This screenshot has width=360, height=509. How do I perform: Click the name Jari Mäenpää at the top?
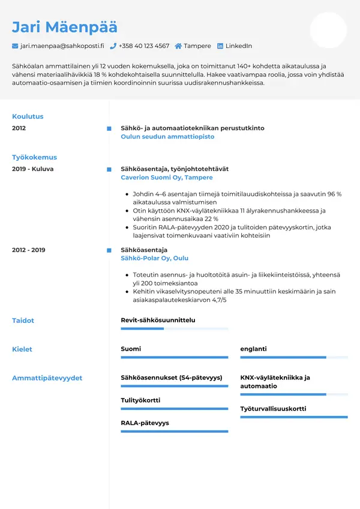tap(65, 27)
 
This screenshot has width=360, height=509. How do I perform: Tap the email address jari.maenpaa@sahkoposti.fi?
tap(62, 46)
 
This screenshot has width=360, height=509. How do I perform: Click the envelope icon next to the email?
tap(15, 46)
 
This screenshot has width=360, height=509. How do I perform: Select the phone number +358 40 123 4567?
tap(144, 46)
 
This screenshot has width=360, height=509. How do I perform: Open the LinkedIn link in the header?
tap(238, 46)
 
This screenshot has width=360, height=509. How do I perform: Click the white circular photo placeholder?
tap(328, 30)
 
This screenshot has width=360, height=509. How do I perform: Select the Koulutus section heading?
tap(28, 116)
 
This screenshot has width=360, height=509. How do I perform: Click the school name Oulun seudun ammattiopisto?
tap(167, 137)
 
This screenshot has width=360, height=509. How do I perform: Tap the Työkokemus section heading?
tap(34, 157)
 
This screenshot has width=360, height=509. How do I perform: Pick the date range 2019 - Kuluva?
tap(32, 169)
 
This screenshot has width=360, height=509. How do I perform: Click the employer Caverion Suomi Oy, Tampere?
tap(167, 178)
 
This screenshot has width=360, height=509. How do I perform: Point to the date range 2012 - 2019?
tap(28, 250)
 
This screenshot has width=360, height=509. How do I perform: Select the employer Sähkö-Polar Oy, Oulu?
tap(154, 258)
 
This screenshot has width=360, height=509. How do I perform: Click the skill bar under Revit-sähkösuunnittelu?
tap(174, 329)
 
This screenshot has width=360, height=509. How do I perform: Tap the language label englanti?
tap(253, 349)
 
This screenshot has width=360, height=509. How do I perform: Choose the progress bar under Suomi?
tap(174, 358)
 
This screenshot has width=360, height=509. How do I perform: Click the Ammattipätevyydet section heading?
tap(47, 378)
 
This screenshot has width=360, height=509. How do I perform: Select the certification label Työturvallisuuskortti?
tap(273, 409)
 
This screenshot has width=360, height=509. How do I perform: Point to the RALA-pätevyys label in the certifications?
tap(145, 423)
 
